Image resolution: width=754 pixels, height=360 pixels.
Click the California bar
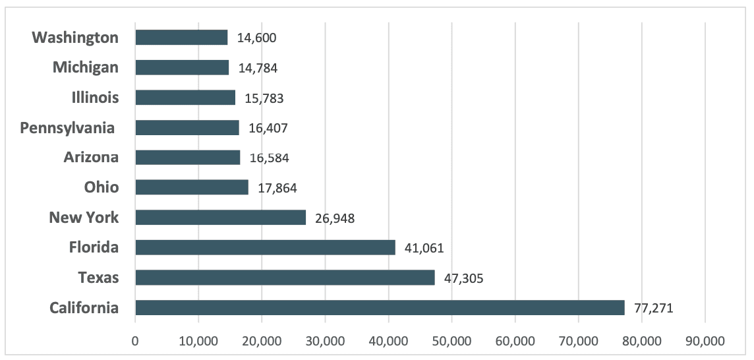(x=380, y=307)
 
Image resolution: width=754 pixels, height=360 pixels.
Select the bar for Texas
(x=285, y=278)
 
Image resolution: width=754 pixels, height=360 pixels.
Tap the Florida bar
(x=266, y=247)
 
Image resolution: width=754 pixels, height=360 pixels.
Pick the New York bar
(x=221, y=218)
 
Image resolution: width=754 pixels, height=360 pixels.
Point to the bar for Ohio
(x=192, y=187)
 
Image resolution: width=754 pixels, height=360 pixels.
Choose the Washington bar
(x=182, y=38)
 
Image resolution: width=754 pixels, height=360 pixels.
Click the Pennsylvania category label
(x=67, y=129)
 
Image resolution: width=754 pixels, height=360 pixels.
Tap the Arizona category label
(x=92, y=158)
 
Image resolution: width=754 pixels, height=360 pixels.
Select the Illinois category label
(x=94, y=98)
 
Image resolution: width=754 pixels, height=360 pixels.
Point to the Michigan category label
(x=86, y=68)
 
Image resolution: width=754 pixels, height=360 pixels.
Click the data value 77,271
(x=654, y=308)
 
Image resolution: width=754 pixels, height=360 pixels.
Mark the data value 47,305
(x=463, y=278)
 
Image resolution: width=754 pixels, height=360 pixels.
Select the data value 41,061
(x=424, y=249)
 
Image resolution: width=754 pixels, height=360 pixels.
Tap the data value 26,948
(x=335, y=218)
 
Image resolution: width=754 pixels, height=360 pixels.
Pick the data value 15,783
(x=264, y=99)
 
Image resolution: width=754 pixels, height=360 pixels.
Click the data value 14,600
(x=257, y=38)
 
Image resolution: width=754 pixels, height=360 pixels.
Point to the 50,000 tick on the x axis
(x=451, y=341)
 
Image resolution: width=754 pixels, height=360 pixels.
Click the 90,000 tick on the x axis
(x=705, y=341)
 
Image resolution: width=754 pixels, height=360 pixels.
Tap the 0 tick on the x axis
(x=135, y=341)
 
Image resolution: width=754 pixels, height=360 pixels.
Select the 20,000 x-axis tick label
(x=262, y=341)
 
